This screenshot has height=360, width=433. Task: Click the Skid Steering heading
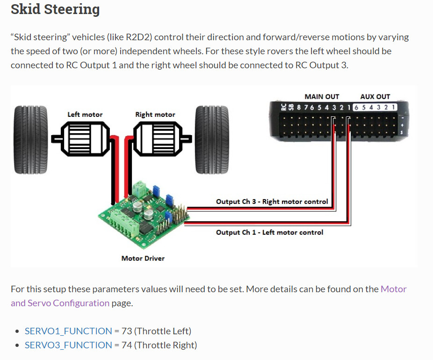55,9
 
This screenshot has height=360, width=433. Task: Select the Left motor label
85,115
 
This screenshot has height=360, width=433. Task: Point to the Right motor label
155,115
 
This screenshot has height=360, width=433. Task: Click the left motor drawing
85,138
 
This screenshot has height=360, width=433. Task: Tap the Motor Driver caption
143,258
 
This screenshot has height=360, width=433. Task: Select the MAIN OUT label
322,97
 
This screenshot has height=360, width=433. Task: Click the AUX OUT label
375,97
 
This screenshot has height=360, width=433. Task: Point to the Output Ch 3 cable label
272,202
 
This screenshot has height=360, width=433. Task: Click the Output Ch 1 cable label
269,232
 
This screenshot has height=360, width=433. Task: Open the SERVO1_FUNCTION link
68,331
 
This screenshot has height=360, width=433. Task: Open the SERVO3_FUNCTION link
68,345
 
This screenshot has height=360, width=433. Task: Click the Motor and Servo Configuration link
60,303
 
